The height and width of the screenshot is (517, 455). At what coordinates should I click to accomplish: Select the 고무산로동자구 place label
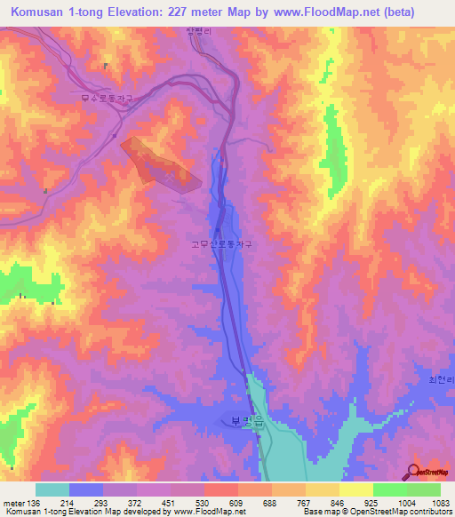pyautogui.click(x=222, y=242)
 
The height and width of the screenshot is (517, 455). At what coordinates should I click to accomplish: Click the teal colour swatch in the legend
pyautogui.click(x=52, y=489)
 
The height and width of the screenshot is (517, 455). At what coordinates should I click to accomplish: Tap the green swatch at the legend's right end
pyautogui.click(x=424, y=489)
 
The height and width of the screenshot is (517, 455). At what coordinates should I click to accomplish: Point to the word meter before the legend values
pyautogui.click(x=14, y=502)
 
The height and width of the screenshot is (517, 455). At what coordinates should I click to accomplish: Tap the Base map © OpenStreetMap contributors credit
pyautogui.click(x=377, y=512)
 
